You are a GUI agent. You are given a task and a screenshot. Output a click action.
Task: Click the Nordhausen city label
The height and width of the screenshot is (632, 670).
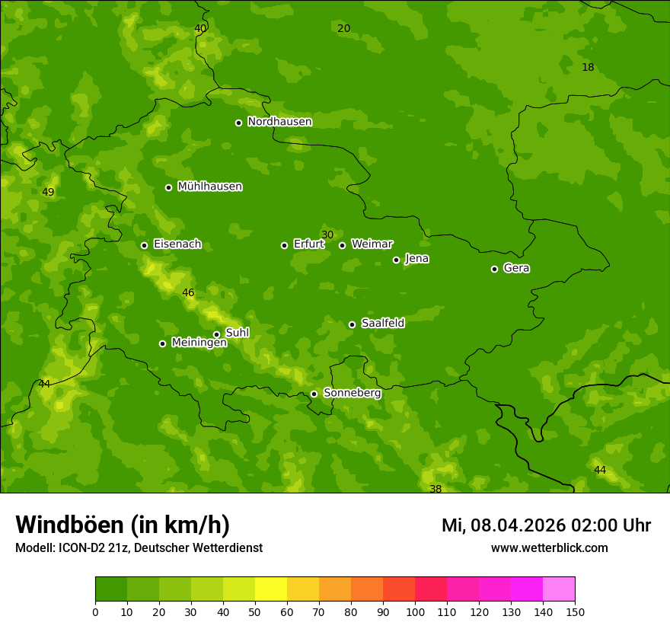click(279, 122)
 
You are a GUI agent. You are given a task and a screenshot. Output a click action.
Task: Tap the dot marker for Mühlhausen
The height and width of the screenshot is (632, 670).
click(168, 187)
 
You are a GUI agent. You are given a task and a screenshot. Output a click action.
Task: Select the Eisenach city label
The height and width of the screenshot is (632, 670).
click(177, 244)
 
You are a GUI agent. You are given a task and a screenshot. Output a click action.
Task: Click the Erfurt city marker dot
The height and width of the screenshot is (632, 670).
click(284, 245)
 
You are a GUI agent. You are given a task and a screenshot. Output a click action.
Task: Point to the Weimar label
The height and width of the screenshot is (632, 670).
click(372, 244)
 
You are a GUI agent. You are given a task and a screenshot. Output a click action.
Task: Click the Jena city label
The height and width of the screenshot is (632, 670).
click(416, 259)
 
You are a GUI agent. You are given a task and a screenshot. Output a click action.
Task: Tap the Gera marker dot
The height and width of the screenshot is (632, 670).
click(494, 269)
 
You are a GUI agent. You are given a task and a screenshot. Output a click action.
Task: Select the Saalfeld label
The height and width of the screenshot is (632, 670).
click(382, 324)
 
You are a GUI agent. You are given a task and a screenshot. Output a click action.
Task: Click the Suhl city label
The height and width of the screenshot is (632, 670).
click(237, 333)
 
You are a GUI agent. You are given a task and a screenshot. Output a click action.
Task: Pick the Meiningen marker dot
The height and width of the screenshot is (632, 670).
click(162, 343)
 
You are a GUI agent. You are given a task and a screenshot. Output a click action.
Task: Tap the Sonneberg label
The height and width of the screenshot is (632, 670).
click(352, 393)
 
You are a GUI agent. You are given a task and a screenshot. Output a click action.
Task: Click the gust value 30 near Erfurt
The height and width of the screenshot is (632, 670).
click(327, 235)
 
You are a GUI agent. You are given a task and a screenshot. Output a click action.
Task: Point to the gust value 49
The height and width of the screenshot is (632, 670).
click(48, 192)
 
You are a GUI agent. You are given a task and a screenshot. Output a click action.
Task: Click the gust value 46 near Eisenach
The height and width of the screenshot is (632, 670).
click(188, 292)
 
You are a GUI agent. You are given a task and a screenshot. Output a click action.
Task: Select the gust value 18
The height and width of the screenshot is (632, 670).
click(588, 67)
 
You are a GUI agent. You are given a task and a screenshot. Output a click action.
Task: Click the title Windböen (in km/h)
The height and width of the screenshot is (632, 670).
click(123, 525)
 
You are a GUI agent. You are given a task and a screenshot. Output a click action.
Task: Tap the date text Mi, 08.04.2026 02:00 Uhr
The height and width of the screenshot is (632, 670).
click(546, 525)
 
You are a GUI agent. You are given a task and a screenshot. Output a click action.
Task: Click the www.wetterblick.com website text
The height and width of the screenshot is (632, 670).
click(549, 548)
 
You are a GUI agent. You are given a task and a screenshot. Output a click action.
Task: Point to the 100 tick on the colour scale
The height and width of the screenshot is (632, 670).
click(415, 611)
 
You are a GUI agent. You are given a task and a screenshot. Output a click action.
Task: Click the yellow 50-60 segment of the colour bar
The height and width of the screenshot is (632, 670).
click(271, 589)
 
